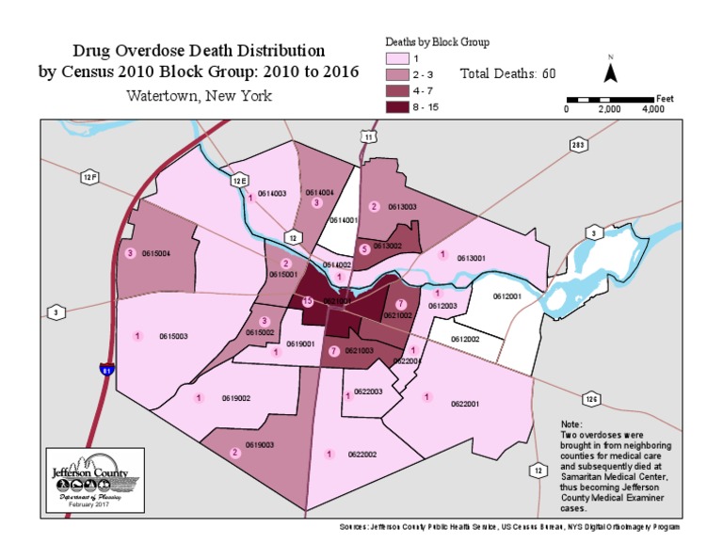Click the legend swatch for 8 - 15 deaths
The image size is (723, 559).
[398, 107]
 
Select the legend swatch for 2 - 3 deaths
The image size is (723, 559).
[398, 74]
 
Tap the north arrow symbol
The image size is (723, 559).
[610, 71]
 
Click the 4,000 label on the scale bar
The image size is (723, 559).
[653, 109]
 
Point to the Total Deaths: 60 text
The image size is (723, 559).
[508, 73]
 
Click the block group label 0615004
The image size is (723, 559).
[155, 253]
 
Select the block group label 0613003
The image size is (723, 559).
[402, 207]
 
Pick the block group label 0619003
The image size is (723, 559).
[260, 444]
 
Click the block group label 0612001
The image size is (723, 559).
[507, 295]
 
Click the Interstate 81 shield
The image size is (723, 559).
[108, 369]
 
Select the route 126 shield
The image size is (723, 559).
[591, 400]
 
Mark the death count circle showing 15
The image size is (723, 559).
[308, 301]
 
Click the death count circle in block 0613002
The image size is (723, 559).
[363, 249]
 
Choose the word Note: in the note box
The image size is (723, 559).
[570, 424]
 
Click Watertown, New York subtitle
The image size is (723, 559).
[199, 96]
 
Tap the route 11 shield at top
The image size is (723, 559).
[369, 137]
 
